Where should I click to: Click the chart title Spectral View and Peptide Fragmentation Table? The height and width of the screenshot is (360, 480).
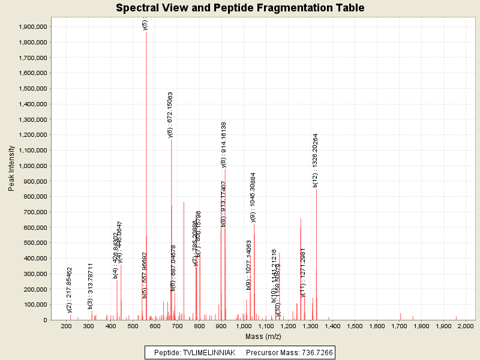click(x=240, y=8)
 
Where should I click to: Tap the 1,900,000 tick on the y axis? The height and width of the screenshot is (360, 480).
click(x=34, y=27)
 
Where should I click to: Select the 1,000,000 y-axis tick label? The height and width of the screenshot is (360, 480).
click(x=34, y=166)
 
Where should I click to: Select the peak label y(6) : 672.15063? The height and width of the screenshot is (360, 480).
click(x=170, y=115)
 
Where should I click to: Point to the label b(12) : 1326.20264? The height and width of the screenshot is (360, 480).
click(x=316, y=160)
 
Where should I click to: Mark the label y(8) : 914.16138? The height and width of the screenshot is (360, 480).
click(x=224, y=145)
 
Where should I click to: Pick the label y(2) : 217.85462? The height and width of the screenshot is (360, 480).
click(x=70, y=290)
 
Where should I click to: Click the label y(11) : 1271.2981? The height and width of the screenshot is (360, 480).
click(x=304, y=272)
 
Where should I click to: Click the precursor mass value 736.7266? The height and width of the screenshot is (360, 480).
click(x=314, y=352)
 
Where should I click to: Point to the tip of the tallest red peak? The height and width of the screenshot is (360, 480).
click(x=146, y=31)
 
